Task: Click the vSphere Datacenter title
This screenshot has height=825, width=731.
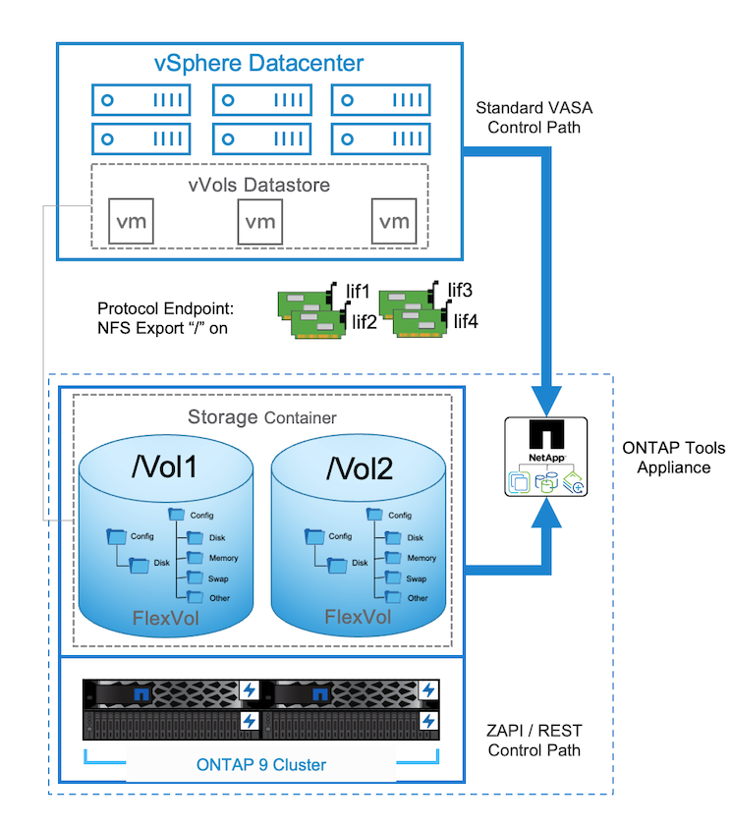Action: [259, 64]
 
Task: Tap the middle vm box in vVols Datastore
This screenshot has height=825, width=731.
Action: [260, 221]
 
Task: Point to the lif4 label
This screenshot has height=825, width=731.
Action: [465, 321]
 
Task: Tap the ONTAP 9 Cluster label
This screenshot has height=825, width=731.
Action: [259, 765]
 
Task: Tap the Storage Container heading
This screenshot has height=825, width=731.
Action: [261, 416]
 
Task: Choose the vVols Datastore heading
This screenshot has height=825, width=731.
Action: [259, 184]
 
